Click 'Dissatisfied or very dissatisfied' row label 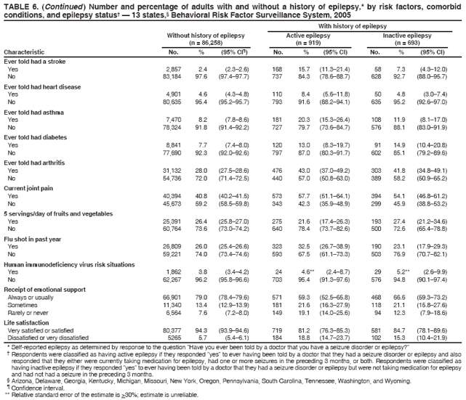point(49,336)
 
